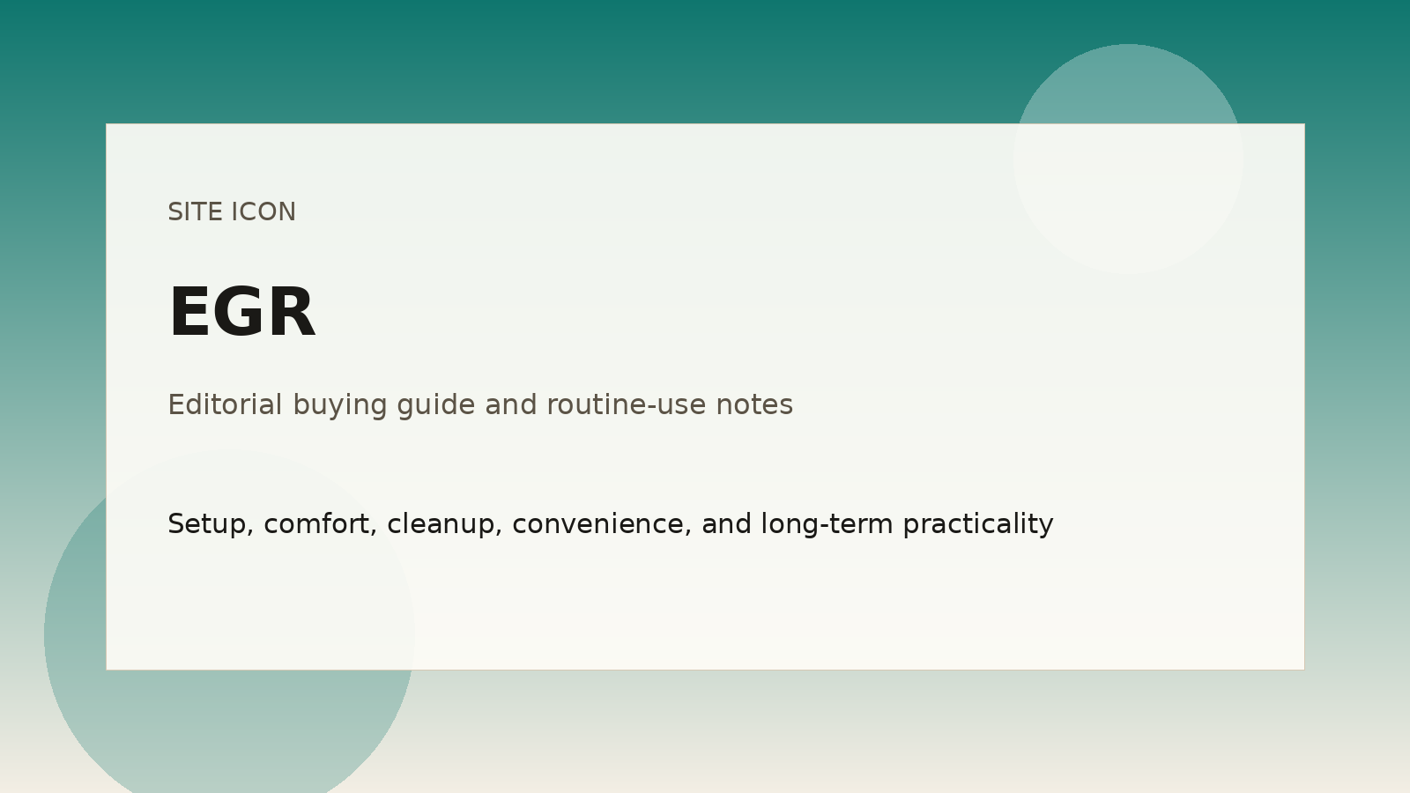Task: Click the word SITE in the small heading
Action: click(196, 212)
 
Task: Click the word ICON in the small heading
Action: click(263, 212)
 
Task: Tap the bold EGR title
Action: click(241, 312)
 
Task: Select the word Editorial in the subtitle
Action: click(225, 404)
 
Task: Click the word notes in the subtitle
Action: click(754, 404)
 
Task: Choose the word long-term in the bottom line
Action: click(827, 525)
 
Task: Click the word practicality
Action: click(978, 525)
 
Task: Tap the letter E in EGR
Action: click(189, 312)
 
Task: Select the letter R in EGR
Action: click(293, 312)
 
